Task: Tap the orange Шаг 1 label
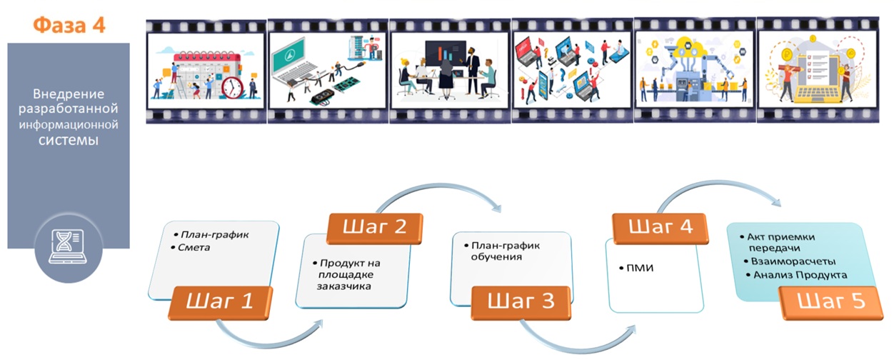click(220, 301)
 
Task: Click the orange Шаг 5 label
click(830, 301)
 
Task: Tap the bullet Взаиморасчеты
click(782, 261)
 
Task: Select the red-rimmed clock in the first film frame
click(232, 86)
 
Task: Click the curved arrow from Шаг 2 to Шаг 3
click(450, 193)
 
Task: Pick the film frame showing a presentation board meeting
click(449, 70)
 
